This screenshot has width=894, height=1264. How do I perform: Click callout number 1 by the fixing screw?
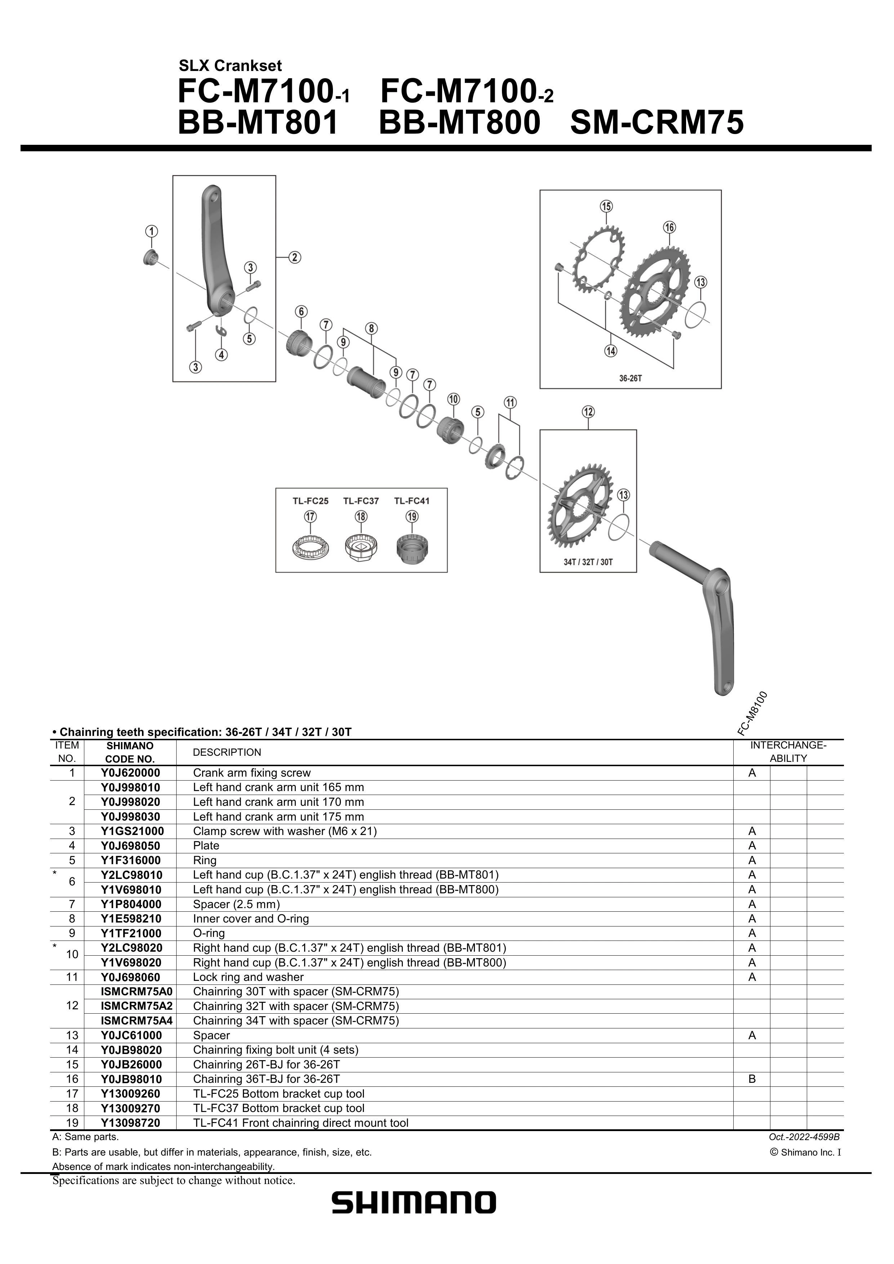point(151,231)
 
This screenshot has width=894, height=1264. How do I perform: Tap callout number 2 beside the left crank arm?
point(295,257)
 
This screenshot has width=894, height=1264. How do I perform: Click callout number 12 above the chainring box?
point(588,411)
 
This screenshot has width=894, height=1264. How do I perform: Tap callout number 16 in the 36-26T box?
point(669,227)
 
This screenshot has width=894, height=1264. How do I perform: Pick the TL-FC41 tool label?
point(412,501)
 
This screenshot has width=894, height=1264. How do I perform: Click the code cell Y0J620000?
point(130,773)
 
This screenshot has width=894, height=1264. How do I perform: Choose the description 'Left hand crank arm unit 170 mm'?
point(278,802)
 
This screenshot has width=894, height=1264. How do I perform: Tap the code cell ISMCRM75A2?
point(137,1006)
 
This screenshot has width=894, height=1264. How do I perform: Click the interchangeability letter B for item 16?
point(752,1079)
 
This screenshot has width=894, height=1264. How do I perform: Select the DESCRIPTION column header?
point(227,752)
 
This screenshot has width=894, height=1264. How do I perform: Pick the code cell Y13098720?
point(130,1122)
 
